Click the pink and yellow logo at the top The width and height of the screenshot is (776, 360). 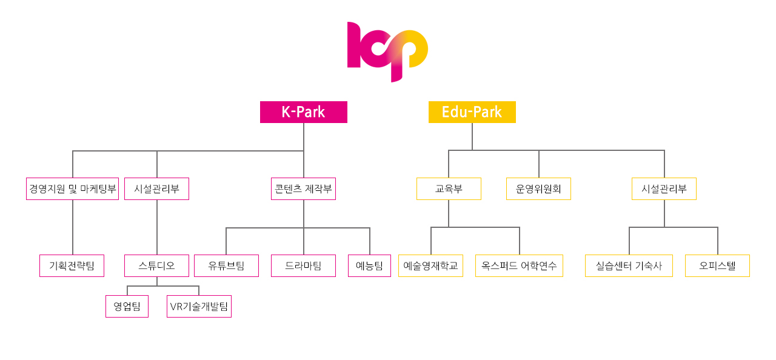[387, 52]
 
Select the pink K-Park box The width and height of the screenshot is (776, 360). [304, 112]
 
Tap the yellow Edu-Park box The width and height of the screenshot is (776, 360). [472, 112]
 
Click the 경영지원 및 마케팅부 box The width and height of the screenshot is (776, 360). [72, 188]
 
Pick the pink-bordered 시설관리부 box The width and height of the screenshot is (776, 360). [156, 188]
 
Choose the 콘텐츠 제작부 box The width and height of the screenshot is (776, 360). [304, 188]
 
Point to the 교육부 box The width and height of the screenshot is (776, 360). [449, 188]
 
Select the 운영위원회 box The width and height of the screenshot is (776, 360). [538, 188]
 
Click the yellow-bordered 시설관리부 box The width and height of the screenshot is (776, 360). [664, 188]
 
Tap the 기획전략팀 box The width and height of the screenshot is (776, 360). [72, 266]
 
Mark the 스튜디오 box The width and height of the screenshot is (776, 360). [156, 266]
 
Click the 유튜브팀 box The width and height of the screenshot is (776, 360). [226, 266]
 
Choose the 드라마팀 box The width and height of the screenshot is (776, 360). [304, 266]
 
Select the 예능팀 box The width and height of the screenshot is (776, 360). [369, 266]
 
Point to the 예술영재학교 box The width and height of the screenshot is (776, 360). [430, 266]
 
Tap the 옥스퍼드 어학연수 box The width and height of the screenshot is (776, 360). [519, 266]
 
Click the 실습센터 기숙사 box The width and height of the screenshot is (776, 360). [629, 266]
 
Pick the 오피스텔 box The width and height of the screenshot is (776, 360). [717, 266]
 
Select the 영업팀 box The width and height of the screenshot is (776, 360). [127, 306]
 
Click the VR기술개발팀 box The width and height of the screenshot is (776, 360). [199, 306]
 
